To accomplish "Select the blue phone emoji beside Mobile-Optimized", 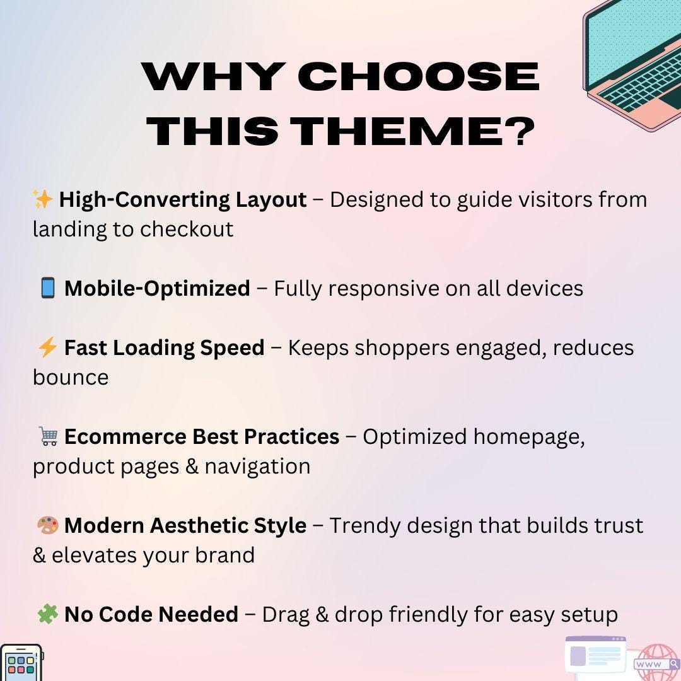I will [x=48, y=289].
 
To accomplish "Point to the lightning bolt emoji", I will [x=47, y=347].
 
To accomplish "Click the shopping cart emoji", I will [x=48, y=436].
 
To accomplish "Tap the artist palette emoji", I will [x=48, y=525].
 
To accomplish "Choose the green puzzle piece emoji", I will [x=48, y=614].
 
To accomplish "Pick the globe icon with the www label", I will [x=657, y=663].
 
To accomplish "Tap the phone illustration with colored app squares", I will [x=21, y=663].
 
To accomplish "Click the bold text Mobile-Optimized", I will [x=157, y=289].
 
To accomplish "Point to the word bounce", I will [x=71, y=378].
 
